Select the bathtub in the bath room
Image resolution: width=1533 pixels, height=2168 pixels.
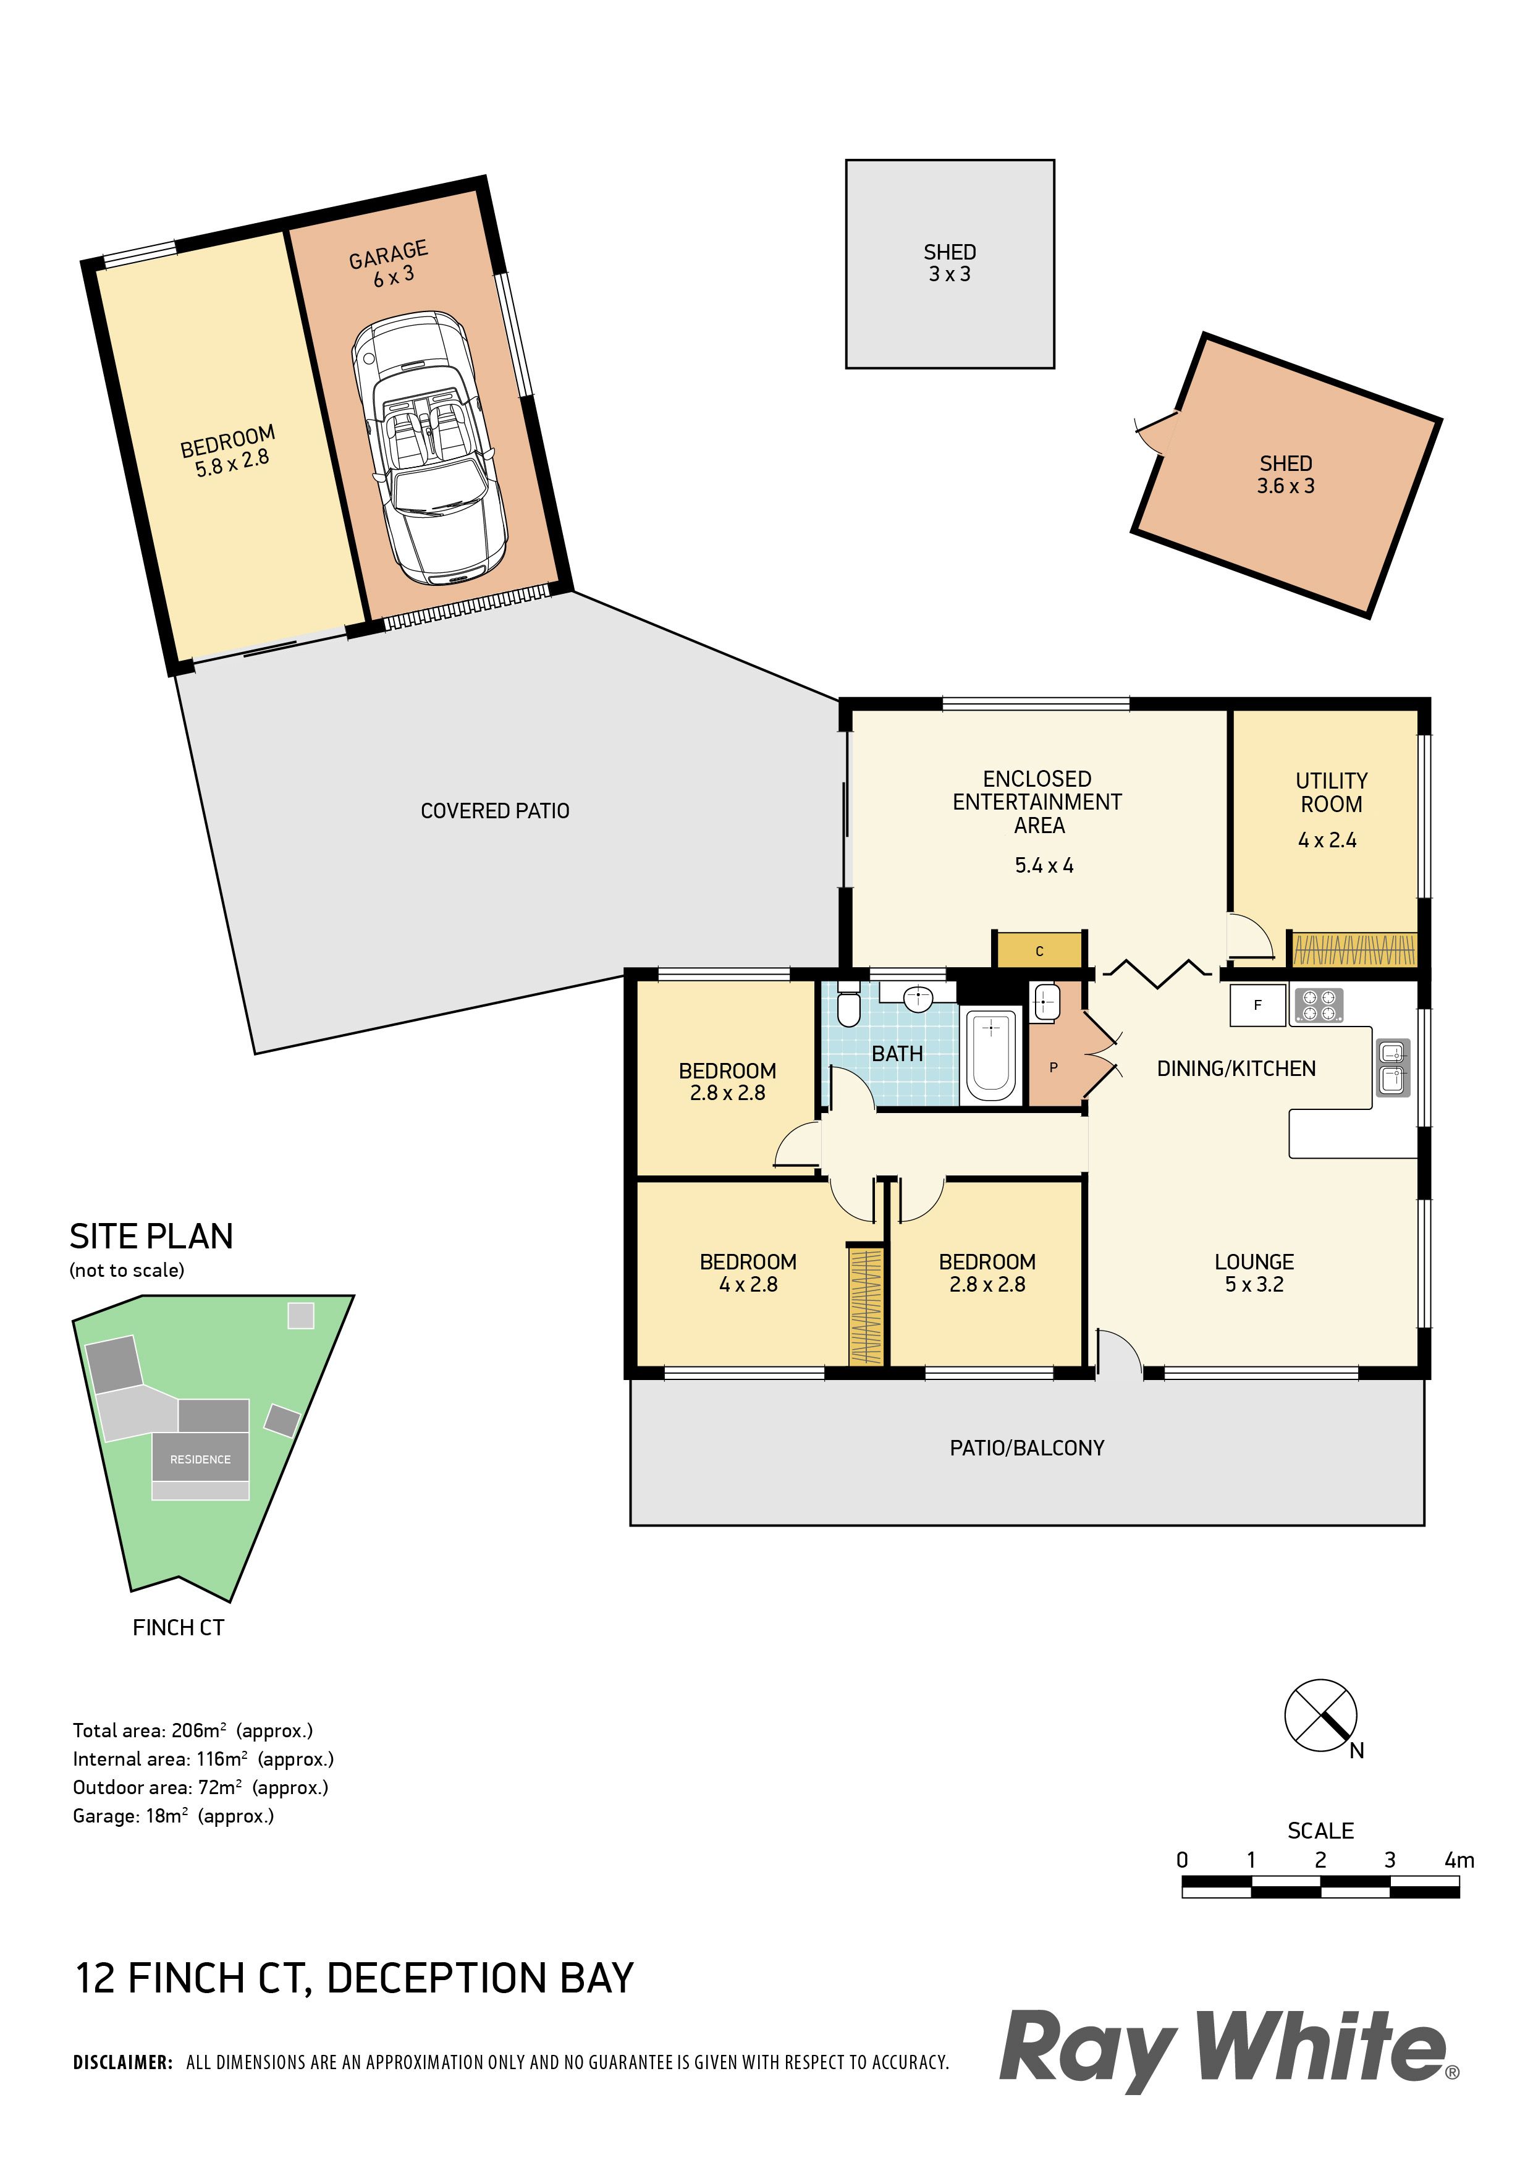pos(990,1056)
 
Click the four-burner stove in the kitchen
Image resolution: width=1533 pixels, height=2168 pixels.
pos(1318,1006)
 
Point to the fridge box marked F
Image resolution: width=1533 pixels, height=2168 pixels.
pos(1257,1006)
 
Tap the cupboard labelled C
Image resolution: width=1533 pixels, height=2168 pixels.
pos(1039,951)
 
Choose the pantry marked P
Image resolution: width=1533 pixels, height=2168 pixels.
pos(1054,1067)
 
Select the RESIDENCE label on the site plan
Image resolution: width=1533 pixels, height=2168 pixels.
pos(200,1459)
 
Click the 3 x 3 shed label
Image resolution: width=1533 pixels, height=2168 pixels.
pos(950,274)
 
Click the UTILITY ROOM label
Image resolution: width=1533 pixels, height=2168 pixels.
pos(1331,792)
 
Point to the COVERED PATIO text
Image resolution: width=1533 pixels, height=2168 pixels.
pos(495,810)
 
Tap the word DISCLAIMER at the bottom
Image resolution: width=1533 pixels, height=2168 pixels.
pos(123,2062)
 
